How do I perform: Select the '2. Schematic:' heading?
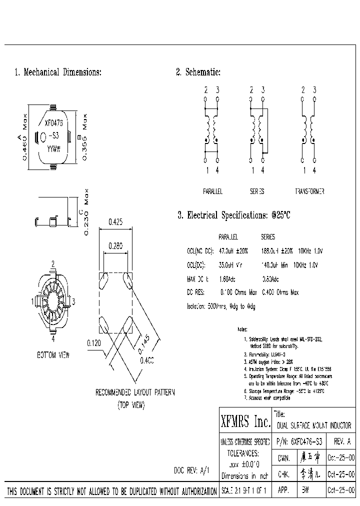click(198, 72)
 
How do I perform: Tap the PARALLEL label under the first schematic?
click(212, 191)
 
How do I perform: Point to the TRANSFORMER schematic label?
click(309, 191)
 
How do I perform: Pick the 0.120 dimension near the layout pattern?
click(94, 343)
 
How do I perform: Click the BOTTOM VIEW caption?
click(53, 355)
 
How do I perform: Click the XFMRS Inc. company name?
click(245, 423)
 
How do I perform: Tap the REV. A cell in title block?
click(341, 442)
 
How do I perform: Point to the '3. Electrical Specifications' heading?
click(234, 215)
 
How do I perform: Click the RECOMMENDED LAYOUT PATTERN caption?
click(135, 392)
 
